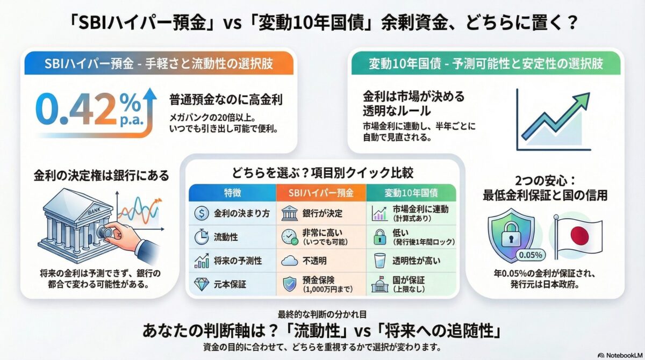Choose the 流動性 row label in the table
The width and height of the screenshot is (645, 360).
tap(226, 237)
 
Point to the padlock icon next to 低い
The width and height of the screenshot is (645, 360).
tap(379, 237)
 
